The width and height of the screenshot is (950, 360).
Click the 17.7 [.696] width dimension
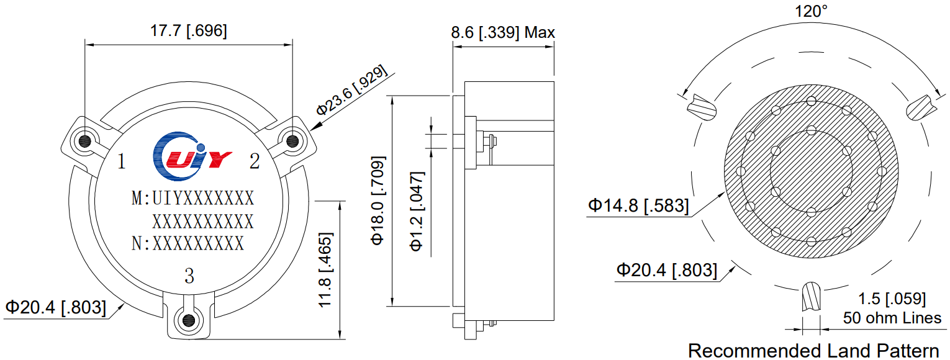pos(189,31)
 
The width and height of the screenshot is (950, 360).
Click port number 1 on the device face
pos(122,162)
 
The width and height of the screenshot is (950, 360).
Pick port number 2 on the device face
pos(255,161)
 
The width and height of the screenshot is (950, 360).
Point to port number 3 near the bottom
pos(189,275)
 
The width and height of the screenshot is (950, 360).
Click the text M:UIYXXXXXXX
pos(193,199)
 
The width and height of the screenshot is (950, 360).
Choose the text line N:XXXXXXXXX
pos(188,243)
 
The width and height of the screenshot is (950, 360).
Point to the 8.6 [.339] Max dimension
pos(503,32)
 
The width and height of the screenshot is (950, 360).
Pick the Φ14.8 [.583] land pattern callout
pos(638,205)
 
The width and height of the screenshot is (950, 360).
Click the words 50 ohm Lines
pos(892,318)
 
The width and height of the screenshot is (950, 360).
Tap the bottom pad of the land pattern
pos(811,298)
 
